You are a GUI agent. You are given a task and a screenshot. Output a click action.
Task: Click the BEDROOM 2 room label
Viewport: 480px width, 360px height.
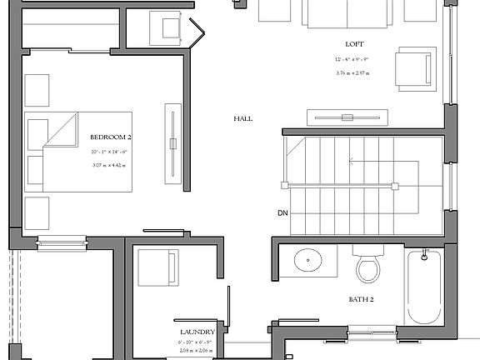(x=111, y=135)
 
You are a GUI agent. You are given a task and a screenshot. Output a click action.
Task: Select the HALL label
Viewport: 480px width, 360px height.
(x=242, y=119)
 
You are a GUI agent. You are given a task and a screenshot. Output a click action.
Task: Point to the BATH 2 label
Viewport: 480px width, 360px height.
(x=360, y=297)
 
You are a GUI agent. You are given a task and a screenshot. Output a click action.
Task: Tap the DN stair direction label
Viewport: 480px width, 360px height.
(x=282, y=213)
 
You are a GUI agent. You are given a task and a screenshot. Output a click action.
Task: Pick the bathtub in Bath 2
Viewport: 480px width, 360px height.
(x=424, y=287)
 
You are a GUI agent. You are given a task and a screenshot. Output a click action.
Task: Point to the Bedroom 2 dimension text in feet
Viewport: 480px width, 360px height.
(x=111, y=152)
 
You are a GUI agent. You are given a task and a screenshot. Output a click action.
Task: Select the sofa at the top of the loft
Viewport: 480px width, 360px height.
(x=347, y=12)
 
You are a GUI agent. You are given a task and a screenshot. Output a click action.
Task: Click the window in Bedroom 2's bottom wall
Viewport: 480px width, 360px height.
(x=62, y=243)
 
